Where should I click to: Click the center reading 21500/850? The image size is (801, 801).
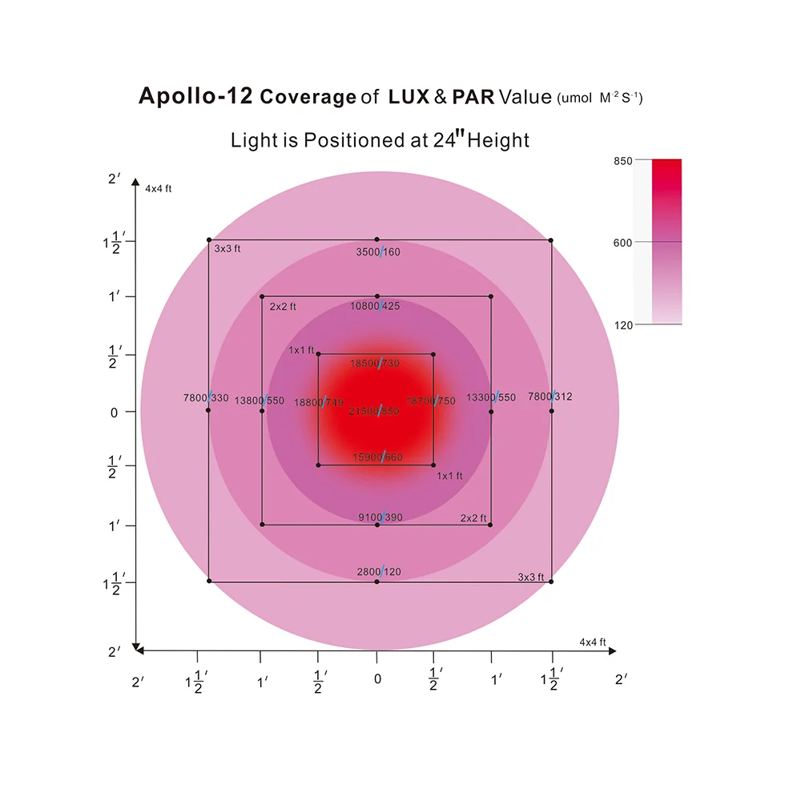tap(377, 411)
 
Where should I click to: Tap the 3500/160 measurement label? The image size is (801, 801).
tap(377, 252)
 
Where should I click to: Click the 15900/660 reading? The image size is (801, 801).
tap(377, 458)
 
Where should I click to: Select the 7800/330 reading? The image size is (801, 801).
tap(206, 397)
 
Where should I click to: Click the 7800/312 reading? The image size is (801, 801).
tap(550, 396)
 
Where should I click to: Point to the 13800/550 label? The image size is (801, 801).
tap(260, 400)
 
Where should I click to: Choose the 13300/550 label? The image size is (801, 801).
tap(492, 397)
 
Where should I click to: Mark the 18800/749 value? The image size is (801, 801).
tap(319, 403)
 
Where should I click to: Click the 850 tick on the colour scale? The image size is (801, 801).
tap(622, 161)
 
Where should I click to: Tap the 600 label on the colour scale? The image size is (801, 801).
tap(622, 243)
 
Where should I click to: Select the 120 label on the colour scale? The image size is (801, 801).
tap(622, 324)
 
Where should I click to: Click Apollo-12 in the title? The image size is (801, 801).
tap(195, 97)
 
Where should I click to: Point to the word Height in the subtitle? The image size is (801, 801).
tap(498, 141)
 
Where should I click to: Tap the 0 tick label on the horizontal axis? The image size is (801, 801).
tap(377, 680)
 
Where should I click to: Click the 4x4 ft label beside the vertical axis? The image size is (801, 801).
tap(159, 188)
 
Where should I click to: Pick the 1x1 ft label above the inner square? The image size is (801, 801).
tap(302, 351)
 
